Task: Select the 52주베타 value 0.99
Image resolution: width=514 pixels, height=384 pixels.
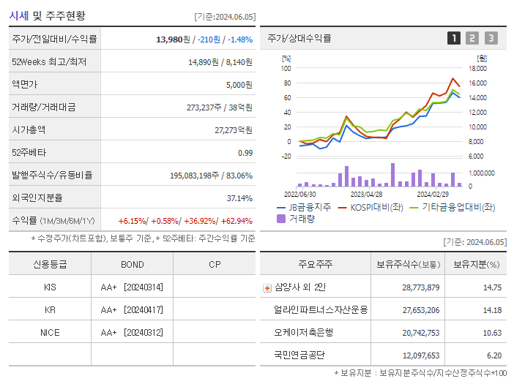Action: coord(245,152)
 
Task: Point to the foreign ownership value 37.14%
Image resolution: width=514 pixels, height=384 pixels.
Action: coord(239,197)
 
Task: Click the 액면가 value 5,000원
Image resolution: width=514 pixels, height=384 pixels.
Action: coord(239,84)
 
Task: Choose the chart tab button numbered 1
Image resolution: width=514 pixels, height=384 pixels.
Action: coord(454,38)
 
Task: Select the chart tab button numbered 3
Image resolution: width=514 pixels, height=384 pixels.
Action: coord(491,38)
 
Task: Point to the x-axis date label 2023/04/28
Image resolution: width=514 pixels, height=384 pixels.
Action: coord(366,195)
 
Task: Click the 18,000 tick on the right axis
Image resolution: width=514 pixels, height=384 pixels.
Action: coord(477,69)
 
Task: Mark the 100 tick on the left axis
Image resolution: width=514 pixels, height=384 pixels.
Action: coord(286,69)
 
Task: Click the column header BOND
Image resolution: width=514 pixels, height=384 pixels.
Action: coord(132,265)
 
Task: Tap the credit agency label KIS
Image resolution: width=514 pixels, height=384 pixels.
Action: coord(50,287)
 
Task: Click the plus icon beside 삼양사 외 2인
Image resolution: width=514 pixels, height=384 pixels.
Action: coord(267,288)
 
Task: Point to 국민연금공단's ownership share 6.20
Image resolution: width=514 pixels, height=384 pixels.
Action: coord(493,355)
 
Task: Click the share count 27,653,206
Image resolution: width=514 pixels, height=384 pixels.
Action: coord(420,310)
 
